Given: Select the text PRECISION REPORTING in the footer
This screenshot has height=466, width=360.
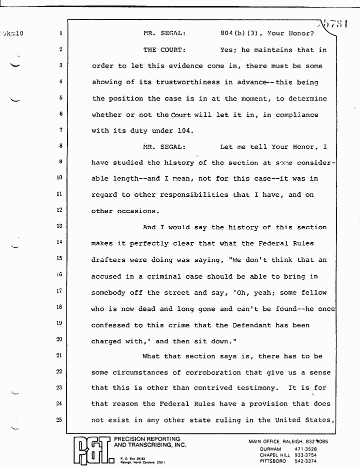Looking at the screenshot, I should [x=147, y=439].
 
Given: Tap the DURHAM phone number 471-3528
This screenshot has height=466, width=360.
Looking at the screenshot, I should [x=321, y=448].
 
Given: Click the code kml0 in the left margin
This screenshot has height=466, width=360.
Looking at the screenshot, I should [x=12, y=34].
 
